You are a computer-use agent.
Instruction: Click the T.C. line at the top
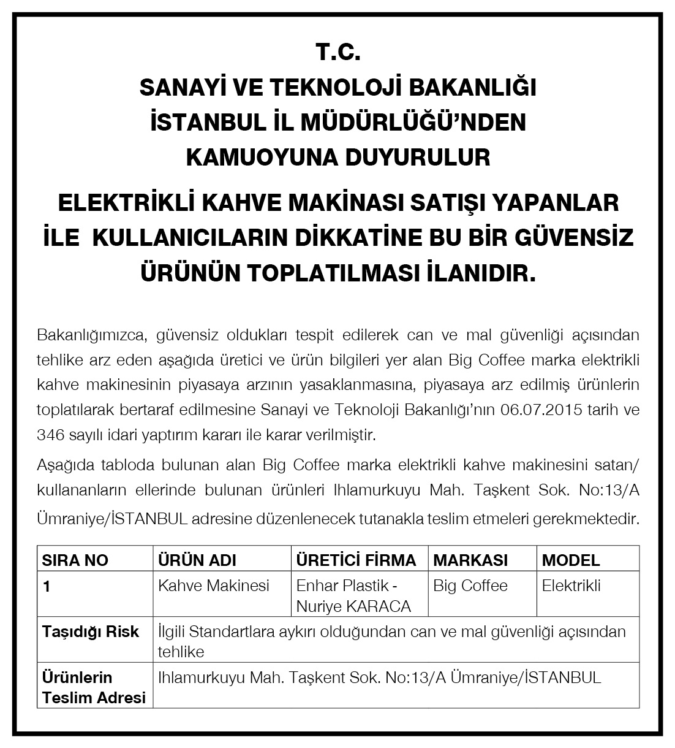(337, 53)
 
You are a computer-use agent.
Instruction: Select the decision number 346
(50, 435)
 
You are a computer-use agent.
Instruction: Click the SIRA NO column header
(75, 560)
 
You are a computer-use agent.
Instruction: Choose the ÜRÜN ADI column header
(197, 560)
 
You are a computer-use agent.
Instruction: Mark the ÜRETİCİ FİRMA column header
(356, 560)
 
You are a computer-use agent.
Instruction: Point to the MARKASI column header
(470, 560)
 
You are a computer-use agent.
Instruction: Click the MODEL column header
(571, 560)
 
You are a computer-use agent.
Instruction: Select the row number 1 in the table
(47, 586)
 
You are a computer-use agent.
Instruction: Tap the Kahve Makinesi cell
(214, 586)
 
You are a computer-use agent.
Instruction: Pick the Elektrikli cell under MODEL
(571, 586)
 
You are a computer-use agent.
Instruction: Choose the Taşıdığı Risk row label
(90, 632)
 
